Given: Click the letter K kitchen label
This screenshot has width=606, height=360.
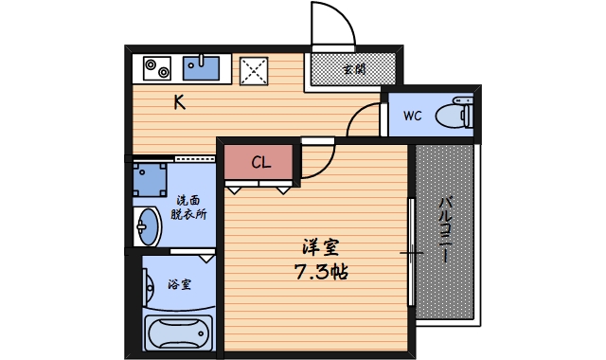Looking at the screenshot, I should coord(178,103).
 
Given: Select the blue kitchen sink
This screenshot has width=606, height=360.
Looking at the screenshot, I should coord(202,67).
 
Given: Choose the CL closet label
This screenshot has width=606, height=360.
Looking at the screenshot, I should coord(261,163).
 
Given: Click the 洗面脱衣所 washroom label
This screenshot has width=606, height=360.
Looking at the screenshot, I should coord(188,207).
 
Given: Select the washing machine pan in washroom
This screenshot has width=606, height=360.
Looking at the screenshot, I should coord(150,177).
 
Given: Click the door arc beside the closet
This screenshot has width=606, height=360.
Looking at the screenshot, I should coord(315,164).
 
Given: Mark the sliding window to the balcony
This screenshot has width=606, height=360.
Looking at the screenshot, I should coord(412,253).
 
